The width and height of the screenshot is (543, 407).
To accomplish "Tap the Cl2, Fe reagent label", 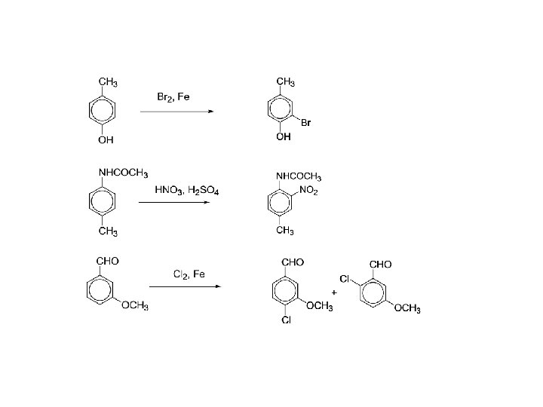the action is click(x=189, y=274).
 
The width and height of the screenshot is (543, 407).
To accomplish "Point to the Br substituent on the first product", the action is click(x=305, y=123).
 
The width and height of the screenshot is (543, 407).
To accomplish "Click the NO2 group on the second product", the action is click(x=308, y=191).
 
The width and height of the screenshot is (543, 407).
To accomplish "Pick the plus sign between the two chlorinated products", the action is click(x=333, y=290).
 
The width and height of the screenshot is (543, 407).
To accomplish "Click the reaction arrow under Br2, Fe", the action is click(x=177, y=112).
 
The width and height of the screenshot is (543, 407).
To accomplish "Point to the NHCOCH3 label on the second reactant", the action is click(x=123, y=173).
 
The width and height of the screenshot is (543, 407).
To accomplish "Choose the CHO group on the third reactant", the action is click(x=107, y=261).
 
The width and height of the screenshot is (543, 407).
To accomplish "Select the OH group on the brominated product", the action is click(x=283, y=137).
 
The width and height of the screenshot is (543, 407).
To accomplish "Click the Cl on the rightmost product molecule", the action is click(x=343, y=279).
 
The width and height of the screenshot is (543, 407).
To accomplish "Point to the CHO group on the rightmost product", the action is click(x=380, y=264).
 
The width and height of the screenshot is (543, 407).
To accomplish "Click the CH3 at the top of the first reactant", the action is click(x=108, y=81).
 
